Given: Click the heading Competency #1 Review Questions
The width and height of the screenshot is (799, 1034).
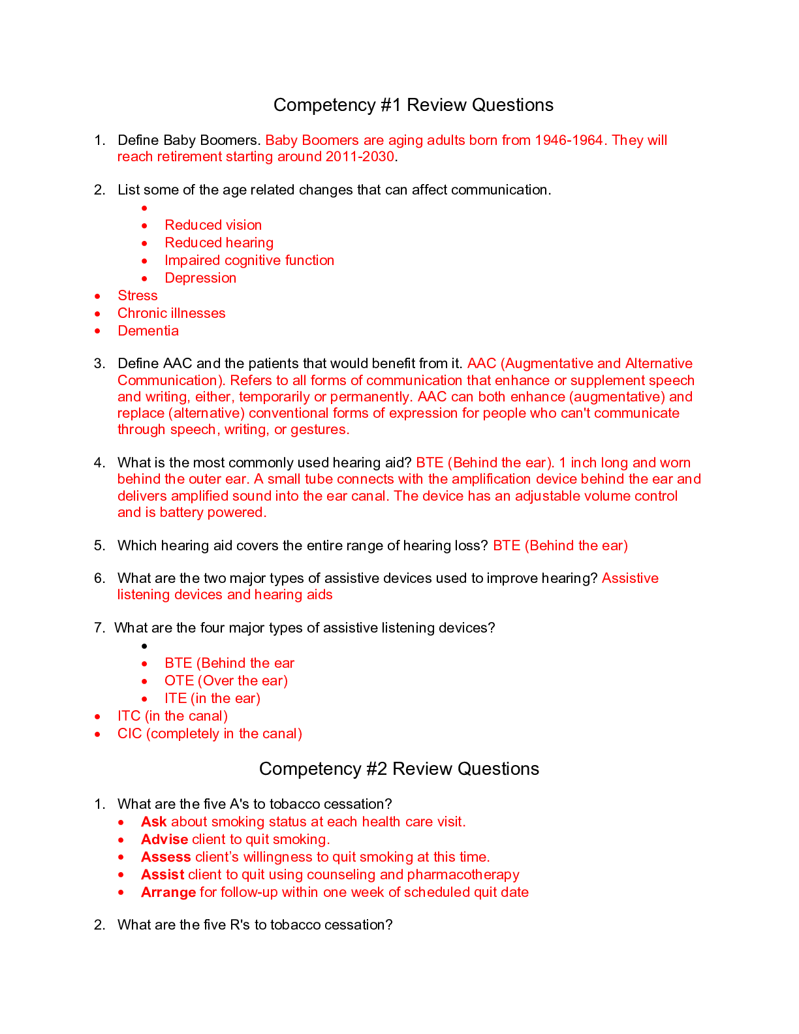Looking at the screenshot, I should pyautogui.click(x=413, y=105).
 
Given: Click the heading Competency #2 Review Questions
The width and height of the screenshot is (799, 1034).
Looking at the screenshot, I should pyautogui.click(x=399, y=769).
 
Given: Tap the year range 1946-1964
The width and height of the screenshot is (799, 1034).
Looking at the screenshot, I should pyautogui.click(x=569, y=140).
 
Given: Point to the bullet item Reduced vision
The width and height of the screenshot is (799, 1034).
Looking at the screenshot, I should pyautogui.click(x=213, y=225).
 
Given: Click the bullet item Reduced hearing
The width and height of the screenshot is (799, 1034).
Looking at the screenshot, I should pyautogui.click(x=219, y=243).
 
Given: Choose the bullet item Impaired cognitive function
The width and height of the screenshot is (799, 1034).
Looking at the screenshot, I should pyautogui.click(x=249, y=260).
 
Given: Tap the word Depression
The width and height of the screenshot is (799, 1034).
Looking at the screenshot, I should pyautogui.click(x=200, y=278).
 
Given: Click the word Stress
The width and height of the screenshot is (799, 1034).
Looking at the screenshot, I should pyautogui.click(x=138, y=296).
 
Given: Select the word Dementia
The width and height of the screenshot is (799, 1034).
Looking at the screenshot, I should pyautogui.click(x=148, y=331).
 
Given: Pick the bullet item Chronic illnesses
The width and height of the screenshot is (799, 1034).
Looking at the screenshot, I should pyautogui.click(x=171, y=313).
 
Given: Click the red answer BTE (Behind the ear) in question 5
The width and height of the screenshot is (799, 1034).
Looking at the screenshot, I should pyautogui.click(x=560, y=546).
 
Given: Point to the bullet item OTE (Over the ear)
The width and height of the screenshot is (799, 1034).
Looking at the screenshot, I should pyautogui.click(x=226, y=681).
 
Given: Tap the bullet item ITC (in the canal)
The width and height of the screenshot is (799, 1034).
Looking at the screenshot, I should pyautogui.click(x=172, y=716).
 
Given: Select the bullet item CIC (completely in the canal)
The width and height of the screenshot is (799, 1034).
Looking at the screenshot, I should pyautogui.click(x=210, y=734).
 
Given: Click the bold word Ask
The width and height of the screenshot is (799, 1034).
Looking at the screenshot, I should pyautogui.click(x=154, y=822).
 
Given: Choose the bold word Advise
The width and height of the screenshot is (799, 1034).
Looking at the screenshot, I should pyautogui.click(x=164, y=839).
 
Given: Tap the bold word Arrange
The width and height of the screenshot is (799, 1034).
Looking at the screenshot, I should pyautogui.click(x=168, y=892).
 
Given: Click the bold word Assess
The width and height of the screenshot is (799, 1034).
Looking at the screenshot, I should pyautogui.click(x=166, y=857).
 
